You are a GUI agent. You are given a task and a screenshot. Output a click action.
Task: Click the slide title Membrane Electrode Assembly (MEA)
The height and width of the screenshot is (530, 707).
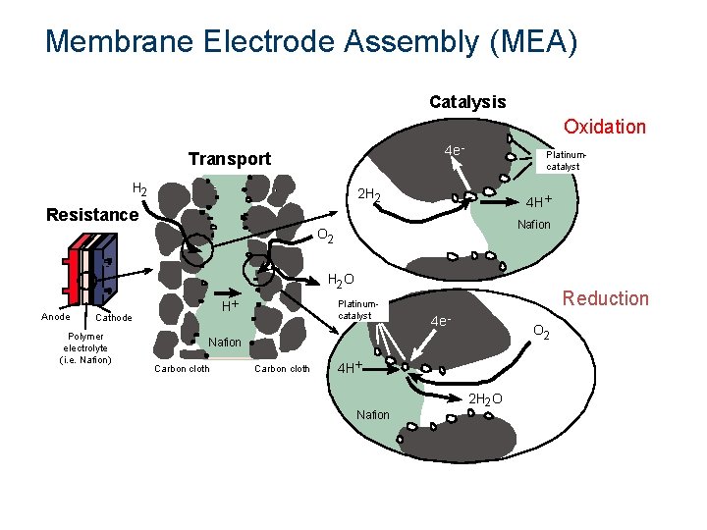point(311,41)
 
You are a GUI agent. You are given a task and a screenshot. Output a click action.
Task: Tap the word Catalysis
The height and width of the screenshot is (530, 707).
point(467,102)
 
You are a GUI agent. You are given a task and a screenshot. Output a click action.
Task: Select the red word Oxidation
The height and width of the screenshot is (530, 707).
point(604,127)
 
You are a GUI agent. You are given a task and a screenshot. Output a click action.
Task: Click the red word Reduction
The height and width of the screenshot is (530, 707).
point(605,298)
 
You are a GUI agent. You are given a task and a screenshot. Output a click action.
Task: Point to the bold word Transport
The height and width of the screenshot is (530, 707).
point(229,159)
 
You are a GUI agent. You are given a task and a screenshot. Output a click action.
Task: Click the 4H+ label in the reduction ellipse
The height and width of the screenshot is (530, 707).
point(351,368)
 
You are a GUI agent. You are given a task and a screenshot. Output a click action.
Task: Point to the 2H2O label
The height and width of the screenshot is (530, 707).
point(485,398)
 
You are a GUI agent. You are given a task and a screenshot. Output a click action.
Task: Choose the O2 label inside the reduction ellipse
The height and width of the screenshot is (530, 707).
point(541,335)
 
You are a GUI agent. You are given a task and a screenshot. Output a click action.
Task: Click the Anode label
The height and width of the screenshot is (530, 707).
point(55,316)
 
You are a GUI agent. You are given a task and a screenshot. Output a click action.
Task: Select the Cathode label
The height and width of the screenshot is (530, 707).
point(114,318)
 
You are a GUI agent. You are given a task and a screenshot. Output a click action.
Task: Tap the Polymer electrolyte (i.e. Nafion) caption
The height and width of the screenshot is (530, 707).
point(86,347)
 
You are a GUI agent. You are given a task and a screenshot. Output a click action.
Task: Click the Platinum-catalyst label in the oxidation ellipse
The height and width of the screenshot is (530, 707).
point(565,160)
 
